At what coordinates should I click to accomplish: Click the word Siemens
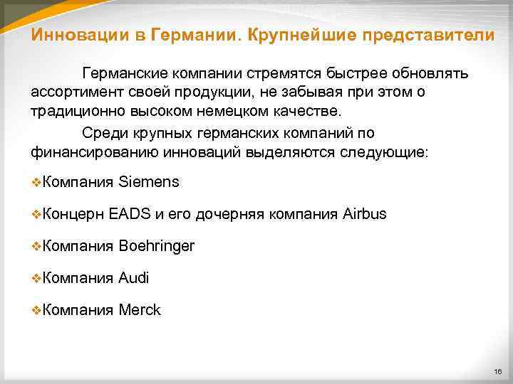tap(149, 182)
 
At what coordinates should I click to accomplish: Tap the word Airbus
tap(364, 214)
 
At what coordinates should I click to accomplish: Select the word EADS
tap(129, 214)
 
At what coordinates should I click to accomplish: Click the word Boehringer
tap(157, 246)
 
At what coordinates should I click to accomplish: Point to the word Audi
tap(134, 278)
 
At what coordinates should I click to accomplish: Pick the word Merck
tap(140, 310)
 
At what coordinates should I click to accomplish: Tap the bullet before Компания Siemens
tap(37, 183)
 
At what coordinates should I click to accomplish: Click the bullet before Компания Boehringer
tap(37, 247)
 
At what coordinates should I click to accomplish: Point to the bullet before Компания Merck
tap(37, 311)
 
